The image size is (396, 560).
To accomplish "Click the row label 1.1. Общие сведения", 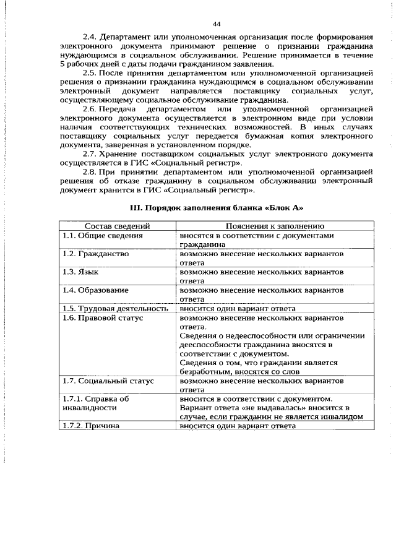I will [102, 236].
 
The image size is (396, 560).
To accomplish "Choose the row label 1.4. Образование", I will [95, 290].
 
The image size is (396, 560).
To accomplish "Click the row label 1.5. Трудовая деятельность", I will [115, 308].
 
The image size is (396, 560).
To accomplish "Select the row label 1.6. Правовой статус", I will [102, 317].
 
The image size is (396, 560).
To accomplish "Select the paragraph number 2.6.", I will [90, 109].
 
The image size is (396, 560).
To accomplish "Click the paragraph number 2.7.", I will [90, 153].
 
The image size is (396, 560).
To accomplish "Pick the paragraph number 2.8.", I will [90, 171].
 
